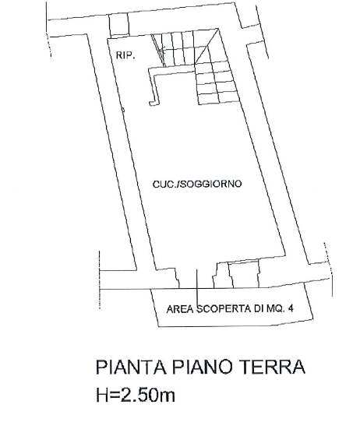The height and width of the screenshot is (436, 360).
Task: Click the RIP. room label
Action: coord(125,55)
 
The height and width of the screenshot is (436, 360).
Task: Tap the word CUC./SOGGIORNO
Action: coord(197,184)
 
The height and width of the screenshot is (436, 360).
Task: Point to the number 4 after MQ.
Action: coord(291,308)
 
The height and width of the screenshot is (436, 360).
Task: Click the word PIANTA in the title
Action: coord(132,367)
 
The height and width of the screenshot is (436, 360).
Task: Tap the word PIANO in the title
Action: coord(202,367)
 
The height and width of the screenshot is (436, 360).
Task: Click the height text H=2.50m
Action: coord(136,395)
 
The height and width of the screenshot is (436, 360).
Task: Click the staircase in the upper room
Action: coord(195,67)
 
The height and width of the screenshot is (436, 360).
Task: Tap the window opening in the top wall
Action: coord(119,24)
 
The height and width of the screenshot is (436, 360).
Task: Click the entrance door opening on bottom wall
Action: coord(196,279)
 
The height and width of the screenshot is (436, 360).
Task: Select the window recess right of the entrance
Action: coord(244,275)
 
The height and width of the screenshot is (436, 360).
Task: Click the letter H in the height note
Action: coord(102,395)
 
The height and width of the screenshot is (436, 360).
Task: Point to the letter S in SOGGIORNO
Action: coord(182,184)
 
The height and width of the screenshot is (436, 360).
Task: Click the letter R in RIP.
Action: coord(118,55)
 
